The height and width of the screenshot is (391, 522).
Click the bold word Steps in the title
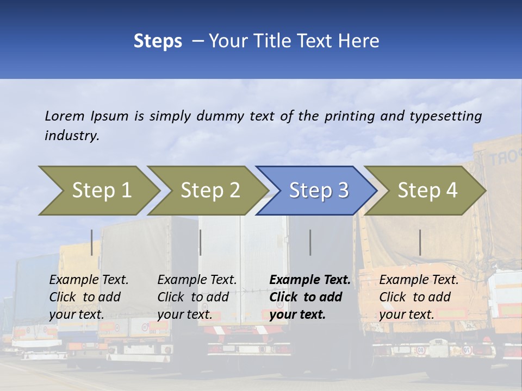158,41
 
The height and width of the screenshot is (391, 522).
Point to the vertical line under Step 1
92,242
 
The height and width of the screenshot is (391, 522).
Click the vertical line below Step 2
201,242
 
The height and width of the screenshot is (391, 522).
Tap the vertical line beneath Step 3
310,242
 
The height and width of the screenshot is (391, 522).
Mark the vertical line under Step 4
420,242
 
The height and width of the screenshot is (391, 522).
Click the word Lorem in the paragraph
65,116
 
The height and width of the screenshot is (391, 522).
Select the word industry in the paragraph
72,136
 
